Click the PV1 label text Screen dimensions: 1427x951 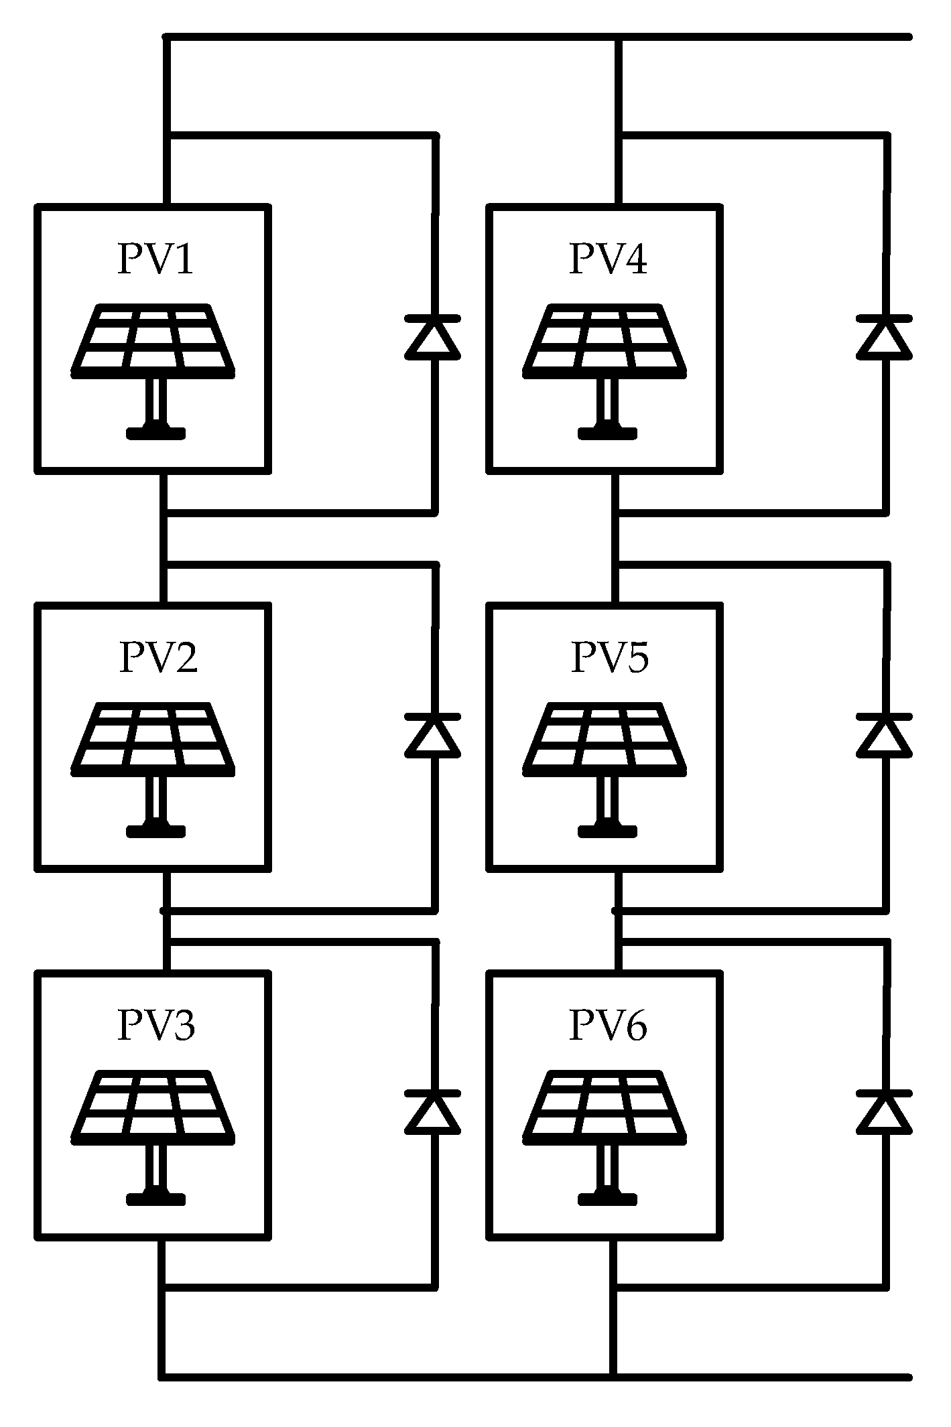tap(155, 259)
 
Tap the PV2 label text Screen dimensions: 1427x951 tap(158, 657)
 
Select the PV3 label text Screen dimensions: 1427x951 tap(156, 1026)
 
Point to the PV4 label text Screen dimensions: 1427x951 tap(608, 259)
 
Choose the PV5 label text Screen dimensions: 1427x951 tap(609, 657)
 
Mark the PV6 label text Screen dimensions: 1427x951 tap(608, 1026)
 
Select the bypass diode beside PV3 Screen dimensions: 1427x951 tap(433, 1112)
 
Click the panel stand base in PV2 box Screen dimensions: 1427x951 tap(155, 831)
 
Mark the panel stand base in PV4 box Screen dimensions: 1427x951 tap(607, 433)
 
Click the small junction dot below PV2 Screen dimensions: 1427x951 tap(162, 910)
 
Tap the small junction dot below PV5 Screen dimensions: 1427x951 tap(615, 910)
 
